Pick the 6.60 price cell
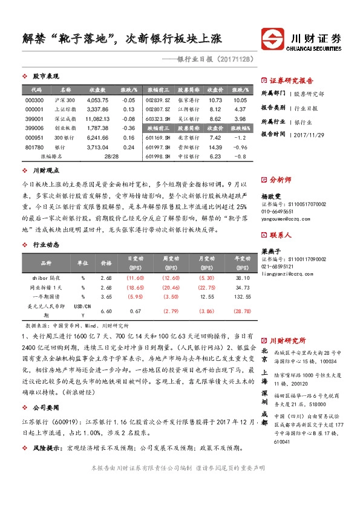(105, 311)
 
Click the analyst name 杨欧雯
(271, 196)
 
